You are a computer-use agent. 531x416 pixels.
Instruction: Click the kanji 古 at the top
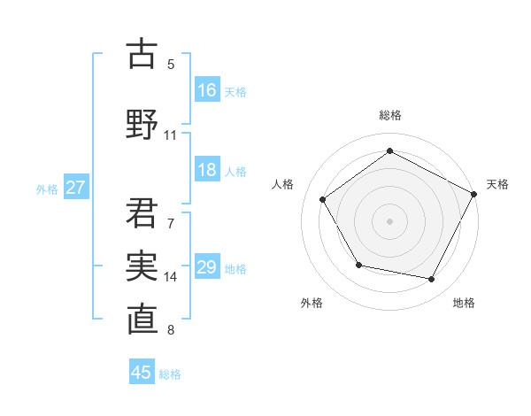[142, 54]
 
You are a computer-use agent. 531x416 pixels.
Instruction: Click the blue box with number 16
[208, 90]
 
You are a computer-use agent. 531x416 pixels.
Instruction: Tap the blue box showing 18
[208, 171]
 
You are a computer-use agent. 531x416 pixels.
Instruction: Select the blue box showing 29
[208, 268]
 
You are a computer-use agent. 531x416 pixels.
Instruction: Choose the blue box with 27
[76, 188]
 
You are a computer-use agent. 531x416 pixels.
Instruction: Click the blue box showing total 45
[142, 373]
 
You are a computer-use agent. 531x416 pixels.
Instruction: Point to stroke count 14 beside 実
[171, 277]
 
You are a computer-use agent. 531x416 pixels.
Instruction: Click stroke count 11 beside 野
[171, 135]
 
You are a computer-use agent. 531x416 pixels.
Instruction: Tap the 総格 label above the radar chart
[389, 115]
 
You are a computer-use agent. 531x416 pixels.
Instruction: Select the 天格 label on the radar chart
[497, 184]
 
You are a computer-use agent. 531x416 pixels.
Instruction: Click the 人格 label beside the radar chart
[282, 184]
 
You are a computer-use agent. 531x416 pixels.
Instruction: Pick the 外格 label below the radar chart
[312, 303]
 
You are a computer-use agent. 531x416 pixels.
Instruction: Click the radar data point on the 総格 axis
[389, 151]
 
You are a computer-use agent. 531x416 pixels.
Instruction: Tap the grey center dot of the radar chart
[389, 220]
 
